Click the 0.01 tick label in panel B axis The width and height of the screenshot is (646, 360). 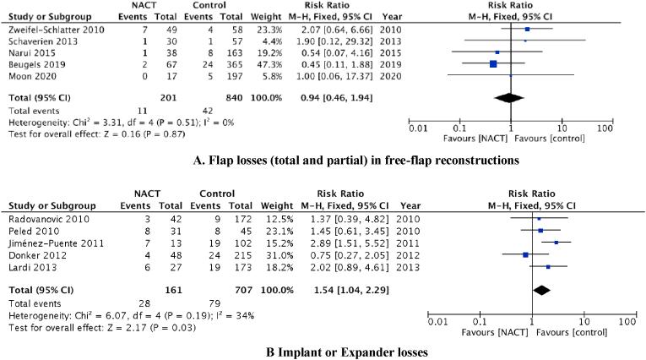(437, 322)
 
